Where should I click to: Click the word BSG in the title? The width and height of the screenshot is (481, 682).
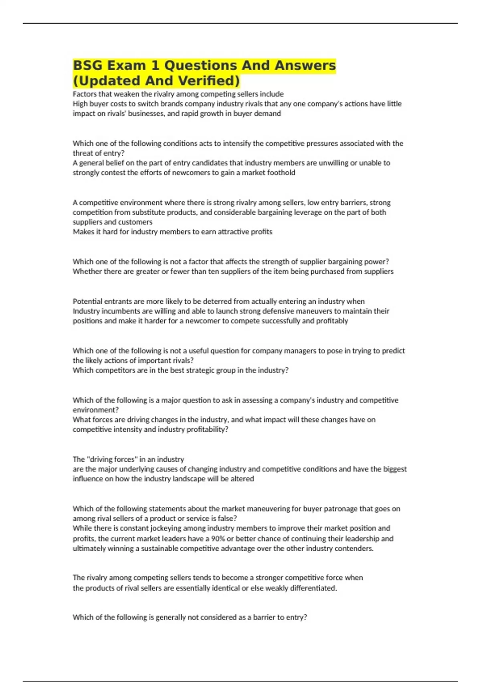coord(89,65)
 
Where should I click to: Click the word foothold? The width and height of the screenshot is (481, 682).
coord(281,173)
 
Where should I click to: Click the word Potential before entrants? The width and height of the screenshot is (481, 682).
coord(86,301)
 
